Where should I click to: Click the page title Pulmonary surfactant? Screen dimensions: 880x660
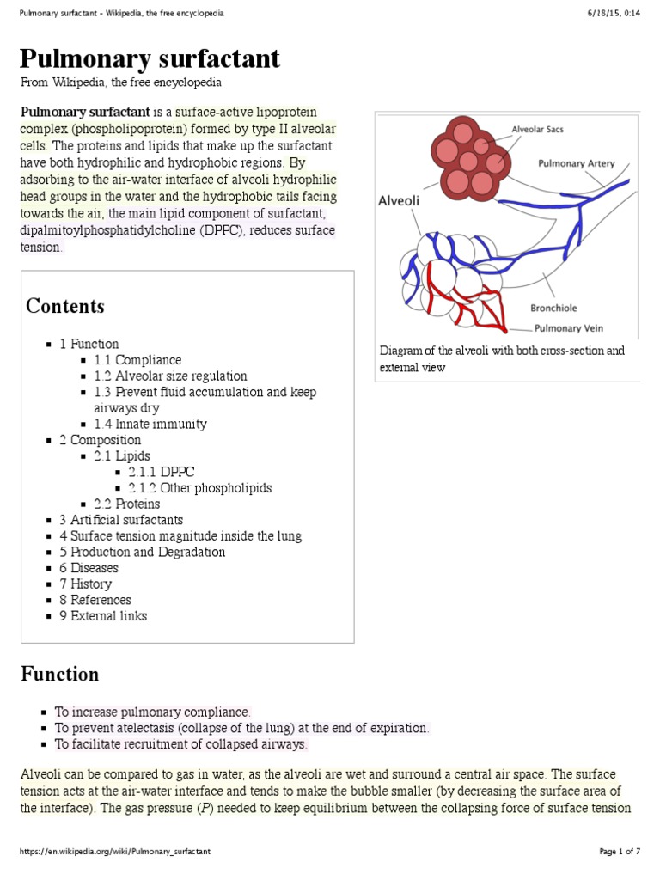[x=150, y=58]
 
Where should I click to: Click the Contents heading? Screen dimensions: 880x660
[x=65, y=306]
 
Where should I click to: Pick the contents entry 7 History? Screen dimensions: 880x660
[x=86, y=584]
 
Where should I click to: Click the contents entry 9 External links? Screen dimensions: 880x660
[x=103, y=615]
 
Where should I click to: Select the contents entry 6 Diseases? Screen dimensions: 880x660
[x=89, y=568]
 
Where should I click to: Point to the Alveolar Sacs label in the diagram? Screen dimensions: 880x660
[x=537, y=131]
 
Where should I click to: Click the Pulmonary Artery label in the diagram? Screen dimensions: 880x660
[x=576, y=163]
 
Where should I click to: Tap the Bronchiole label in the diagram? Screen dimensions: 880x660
[x=553, y=308]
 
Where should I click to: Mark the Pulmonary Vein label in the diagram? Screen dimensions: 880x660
[x=570, y=327]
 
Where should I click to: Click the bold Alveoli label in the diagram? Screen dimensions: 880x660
[x=399, y=200]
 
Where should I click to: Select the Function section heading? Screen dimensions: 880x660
[x=60, y=674]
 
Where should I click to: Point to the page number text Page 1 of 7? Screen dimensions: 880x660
[x=619, y=852]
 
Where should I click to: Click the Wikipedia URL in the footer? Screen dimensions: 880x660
[x=115, y=852]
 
